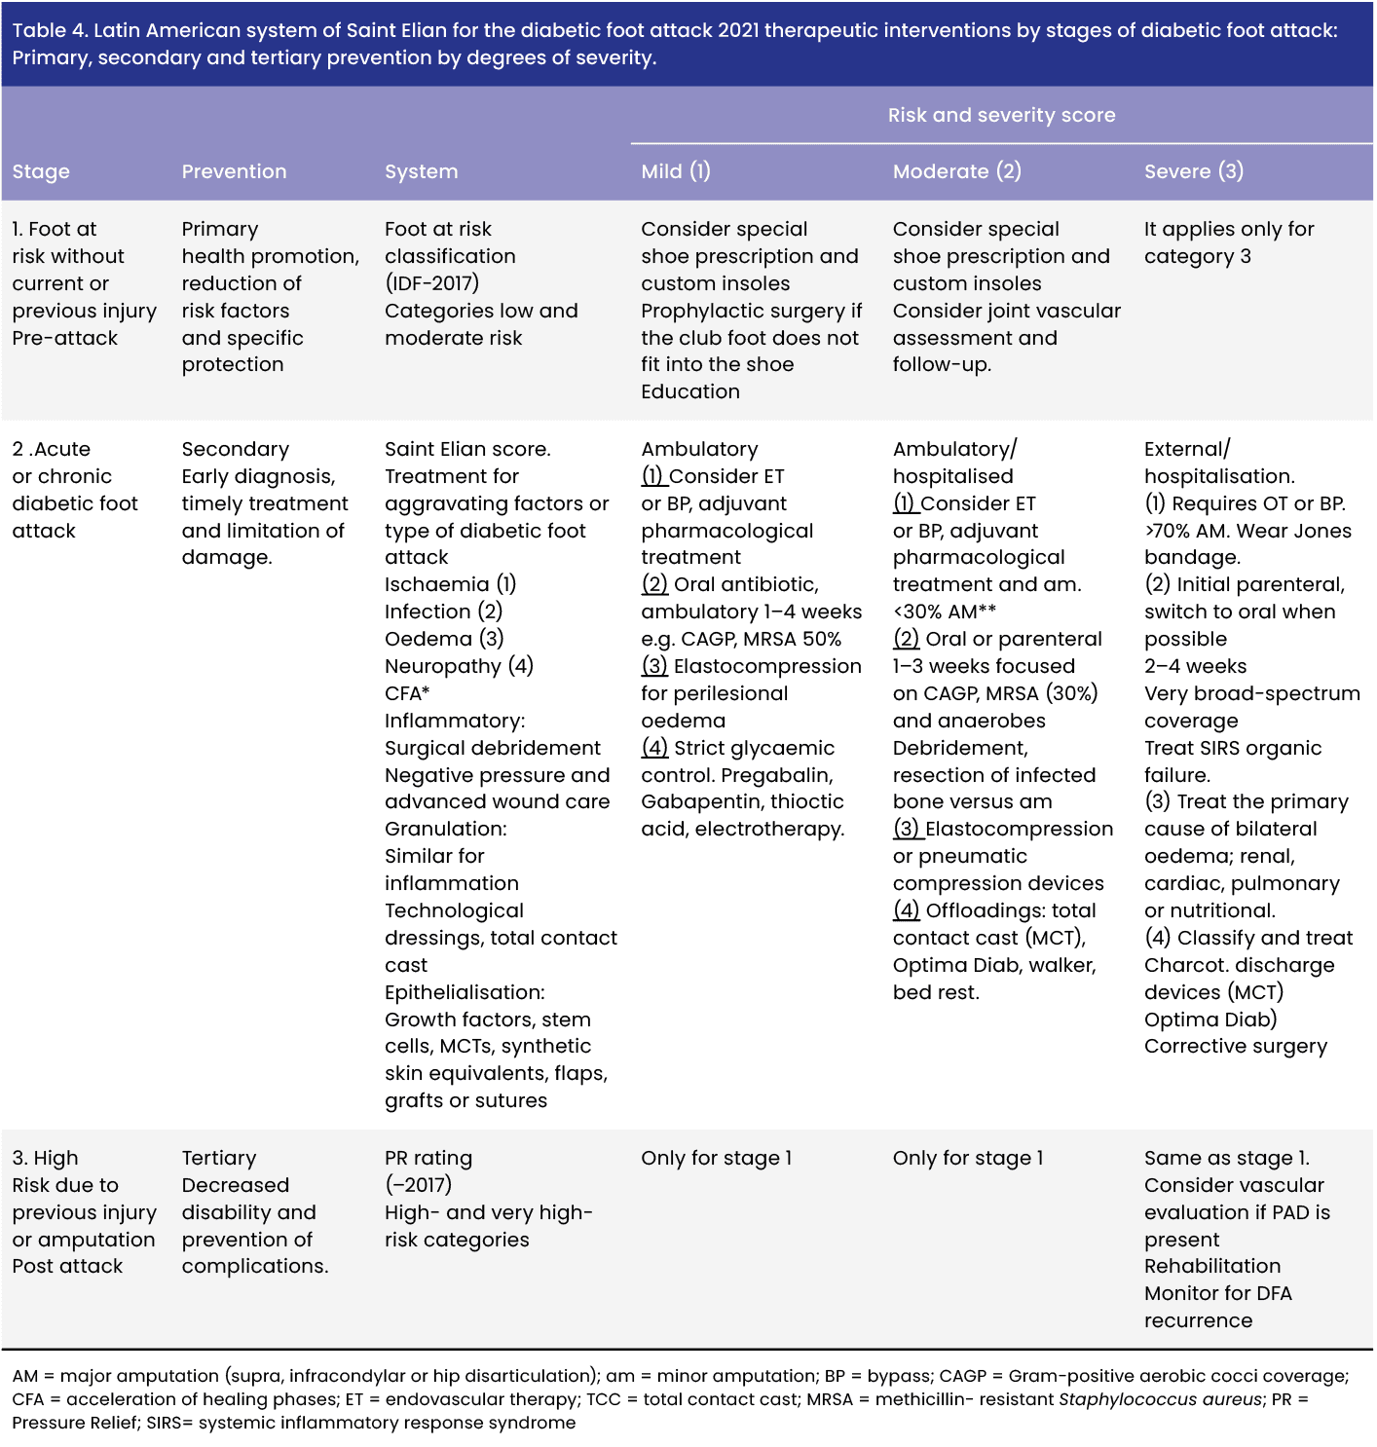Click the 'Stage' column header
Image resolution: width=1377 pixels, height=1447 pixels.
click(41, 171)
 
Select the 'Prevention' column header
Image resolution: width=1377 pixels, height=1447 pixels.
click(234, 171)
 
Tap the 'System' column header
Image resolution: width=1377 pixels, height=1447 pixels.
click(421, 171)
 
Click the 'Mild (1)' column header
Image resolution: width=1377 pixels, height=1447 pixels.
click(675, 171)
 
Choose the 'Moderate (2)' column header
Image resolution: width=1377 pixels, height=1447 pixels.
click(956, 171)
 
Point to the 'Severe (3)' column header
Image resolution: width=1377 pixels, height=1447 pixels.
click(1193, 171)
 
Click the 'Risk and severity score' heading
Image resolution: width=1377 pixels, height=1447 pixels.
click(1001, 115)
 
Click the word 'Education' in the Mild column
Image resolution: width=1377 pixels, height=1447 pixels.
click(689, 391)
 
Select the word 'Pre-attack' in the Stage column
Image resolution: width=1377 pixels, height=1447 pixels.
click(64, 338)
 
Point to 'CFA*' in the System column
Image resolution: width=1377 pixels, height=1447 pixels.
click(407, 693)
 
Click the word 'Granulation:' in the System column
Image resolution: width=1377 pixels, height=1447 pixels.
click(445, 829)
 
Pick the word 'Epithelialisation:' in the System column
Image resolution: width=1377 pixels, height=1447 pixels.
click(465, 992)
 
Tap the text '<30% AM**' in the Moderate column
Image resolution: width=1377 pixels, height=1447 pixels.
click(944, 612)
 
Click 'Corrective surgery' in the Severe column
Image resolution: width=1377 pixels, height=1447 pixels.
click(1235, 1046)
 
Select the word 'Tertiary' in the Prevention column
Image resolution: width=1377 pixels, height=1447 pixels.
click(218, 1158)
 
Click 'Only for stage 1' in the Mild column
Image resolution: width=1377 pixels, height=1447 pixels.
click(716, 1158)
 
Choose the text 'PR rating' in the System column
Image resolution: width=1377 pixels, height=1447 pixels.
click(428, 1158)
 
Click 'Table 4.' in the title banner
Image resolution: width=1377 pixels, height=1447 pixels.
click(50, 30)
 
